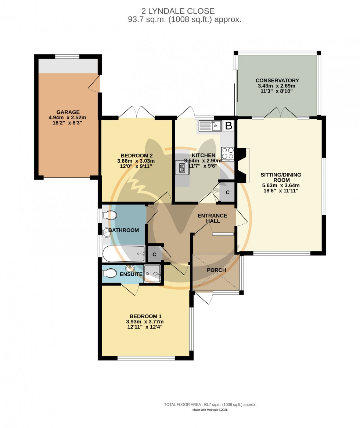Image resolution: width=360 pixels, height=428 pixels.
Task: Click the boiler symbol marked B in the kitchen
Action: (228, 126)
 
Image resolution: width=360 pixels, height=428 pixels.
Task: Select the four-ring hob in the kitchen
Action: (228, 154)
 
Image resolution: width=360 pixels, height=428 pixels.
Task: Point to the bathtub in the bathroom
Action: (123, 253)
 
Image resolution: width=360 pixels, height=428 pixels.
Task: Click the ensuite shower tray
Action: (152, 273)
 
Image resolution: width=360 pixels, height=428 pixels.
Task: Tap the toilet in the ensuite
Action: (109, 273)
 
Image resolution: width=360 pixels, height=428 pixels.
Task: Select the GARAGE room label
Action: (68, 112)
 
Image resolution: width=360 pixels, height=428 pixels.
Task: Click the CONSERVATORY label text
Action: (277, 80)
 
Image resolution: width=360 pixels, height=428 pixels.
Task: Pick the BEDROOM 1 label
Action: (145, 316)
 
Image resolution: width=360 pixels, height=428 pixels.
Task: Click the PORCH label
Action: (216, 270)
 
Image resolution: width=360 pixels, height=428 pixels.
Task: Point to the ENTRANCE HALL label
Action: (213, 218)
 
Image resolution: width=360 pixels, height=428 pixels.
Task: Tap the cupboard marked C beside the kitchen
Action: (227, 192)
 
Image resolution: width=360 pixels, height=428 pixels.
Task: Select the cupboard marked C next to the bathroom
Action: (155, 254)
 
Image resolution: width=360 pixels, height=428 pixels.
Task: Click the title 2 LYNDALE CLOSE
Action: (180, 11)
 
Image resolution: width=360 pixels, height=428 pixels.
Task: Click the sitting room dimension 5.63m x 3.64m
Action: (281, 185)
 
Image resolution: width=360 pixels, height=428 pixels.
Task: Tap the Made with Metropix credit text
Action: (210, 410)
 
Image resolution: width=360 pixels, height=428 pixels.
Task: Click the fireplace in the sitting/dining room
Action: (242, 165)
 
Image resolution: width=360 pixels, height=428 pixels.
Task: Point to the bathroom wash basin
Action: (107, 232)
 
